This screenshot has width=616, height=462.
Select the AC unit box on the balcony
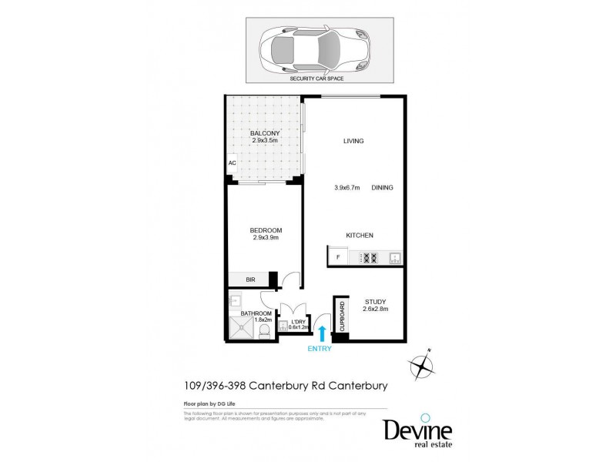(231, 164)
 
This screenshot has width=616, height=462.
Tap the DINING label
(382, 188)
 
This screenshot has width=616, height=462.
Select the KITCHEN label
(359, 235)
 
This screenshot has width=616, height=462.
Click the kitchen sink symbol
(393, 258)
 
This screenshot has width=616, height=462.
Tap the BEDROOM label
(265, 230)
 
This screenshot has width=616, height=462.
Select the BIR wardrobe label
(250, 280)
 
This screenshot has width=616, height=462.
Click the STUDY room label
(374, 302)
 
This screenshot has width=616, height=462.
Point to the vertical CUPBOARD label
(341, 314)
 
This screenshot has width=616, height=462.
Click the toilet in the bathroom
(263, 331)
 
